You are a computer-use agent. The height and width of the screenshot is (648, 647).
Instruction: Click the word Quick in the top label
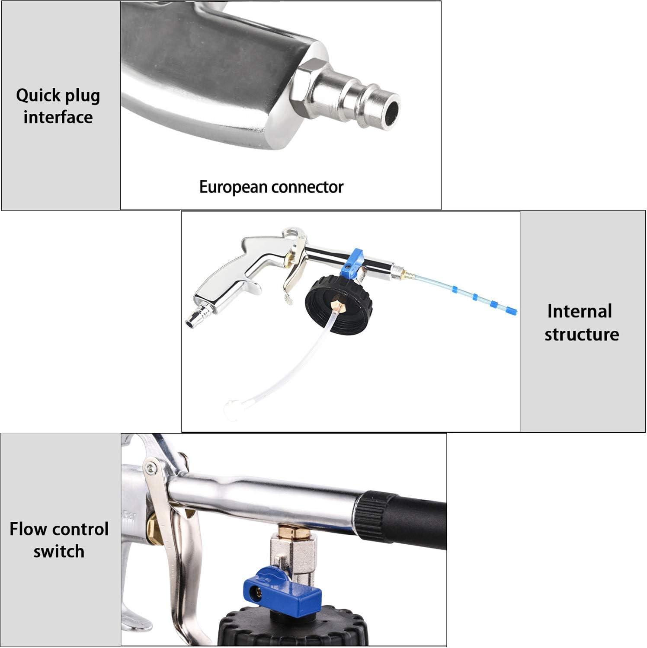click(x=38, y=96)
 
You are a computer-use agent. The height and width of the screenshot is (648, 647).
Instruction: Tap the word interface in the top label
click(x=58, y=117)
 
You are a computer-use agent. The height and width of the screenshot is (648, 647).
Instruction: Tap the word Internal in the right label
click(x=580, y=311)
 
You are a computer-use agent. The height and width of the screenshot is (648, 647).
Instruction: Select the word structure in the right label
click(x=582, y=334)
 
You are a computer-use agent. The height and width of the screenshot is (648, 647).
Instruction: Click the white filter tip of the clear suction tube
click(x=231, y=406)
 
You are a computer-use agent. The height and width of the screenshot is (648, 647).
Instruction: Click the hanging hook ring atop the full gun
click(x=295, y=233)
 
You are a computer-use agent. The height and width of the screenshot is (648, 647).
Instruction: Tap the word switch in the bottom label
click(x=59, y=552)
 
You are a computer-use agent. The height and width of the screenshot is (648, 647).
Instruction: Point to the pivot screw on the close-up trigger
click(x=151, y=467)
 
